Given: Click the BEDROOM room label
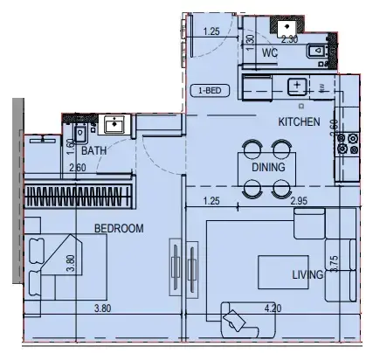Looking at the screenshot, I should point(119,228).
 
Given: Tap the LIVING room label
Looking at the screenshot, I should point(308,275).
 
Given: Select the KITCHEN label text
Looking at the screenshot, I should point(299,121).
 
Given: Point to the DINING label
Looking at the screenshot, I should point(267,166).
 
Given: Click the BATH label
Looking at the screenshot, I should point(94,150).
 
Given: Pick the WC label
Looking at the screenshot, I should point(270,53).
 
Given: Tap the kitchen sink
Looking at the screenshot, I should point(297,86).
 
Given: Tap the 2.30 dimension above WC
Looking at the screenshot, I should point(289,39).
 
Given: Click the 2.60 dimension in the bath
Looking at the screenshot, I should point(77,168).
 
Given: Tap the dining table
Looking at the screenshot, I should point(266,166).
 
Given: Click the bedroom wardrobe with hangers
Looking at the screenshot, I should point(79,193).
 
